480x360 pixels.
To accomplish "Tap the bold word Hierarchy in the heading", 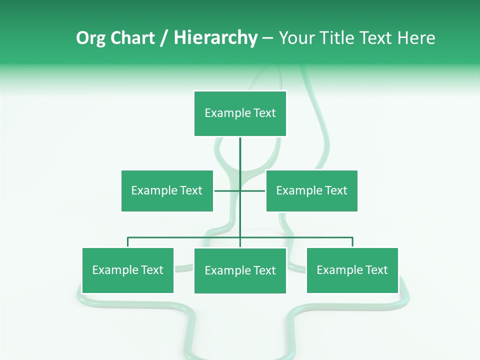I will coord(215,38).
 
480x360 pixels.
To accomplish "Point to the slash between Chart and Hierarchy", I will coord(164,38).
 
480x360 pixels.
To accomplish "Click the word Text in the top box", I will coord(264,113).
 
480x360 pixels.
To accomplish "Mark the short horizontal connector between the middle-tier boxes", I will coord(227,190).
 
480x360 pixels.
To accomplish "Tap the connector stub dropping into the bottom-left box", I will coord(127,242).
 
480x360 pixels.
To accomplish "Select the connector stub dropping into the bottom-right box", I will coord(352,242).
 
